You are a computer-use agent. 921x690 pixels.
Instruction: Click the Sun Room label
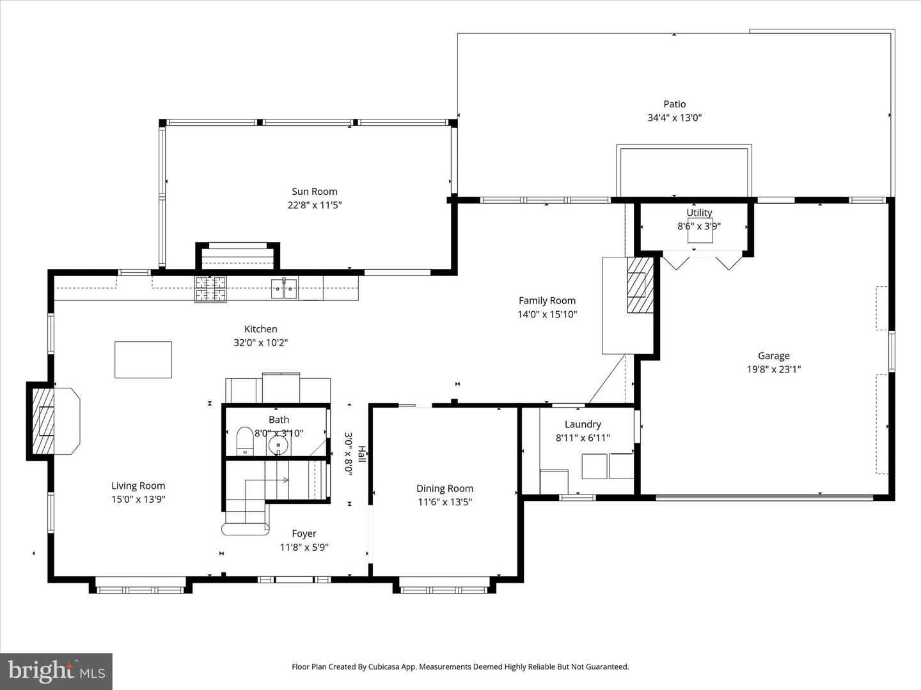314,191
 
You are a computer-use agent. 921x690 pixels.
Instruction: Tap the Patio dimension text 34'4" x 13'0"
674,118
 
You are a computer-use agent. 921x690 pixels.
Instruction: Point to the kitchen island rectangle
143,360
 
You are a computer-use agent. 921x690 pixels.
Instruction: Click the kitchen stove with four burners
211,288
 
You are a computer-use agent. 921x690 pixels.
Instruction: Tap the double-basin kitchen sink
284,289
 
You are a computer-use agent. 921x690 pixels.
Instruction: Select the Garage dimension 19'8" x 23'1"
773,369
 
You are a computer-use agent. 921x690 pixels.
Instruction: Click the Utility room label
699,213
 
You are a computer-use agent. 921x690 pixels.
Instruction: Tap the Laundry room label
583,424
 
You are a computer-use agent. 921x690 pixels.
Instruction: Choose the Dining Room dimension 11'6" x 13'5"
445,502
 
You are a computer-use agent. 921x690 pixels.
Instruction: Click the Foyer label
304,533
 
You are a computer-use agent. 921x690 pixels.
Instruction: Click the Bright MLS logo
56,671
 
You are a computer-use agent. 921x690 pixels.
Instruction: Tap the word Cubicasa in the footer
388,666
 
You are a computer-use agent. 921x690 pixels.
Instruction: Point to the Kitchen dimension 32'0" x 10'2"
260,343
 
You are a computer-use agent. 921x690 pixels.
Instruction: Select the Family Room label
547,300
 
